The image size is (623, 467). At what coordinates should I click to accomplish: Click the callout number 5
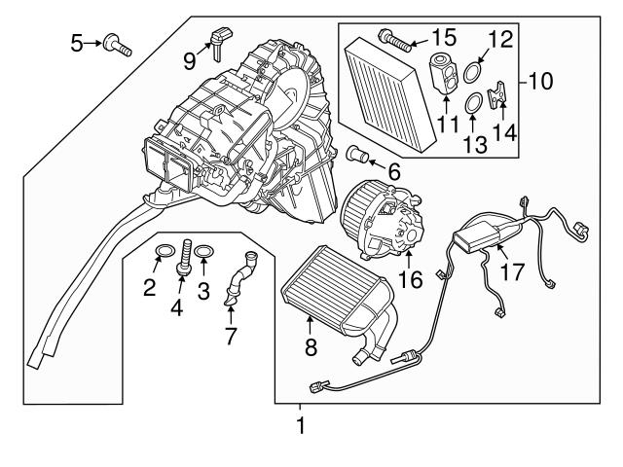tap(76, 42)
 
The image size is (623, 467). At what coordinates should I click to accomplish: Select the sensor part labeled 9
tap(216, 42)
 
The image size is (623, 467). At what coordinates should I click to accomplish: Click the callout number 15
tap(443, 39)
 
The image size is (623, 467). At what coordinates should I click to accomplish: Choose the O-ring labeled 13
tap(469, 101)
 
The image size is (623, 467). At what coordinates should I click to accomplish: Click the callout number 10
tap(537, 81)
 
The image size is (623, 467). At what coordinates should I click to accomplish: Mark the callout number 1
tap(300, 425)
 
